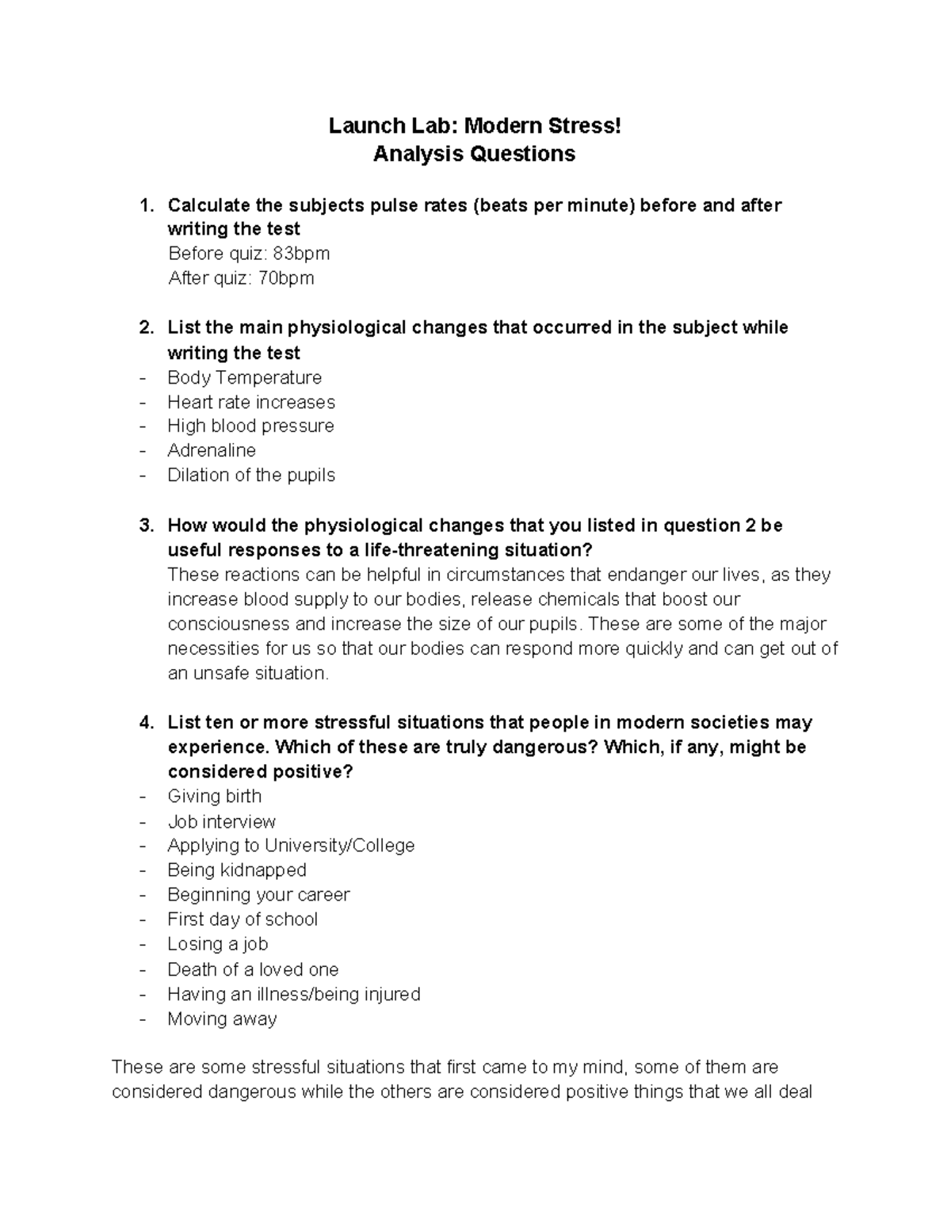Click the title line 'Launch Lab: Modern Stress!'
pos(475,126)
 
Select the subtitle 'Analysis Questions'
pos(474,153)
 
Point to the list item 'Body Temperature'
pos(244,377)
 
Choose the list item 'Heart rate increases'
pos(251,402)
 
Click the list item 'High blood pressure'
pos(250,426)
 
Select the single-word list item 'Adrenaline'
pos(212,451)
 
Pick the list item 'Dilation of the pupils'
pos(251,476)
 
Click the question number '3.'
pos(145,526)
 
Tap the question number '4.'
pos(145,723)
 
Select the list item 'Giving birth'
pos(214,797)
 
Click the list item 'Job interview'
pos(221,822)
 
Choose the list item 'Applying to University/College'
pos(291,846)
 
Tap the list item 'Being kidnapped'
pos(236,870)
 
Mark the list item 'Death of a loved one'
pos(253,969)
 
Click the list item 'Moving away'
pos(222,1019)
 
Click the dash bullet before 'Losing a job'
pos(143,945)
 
